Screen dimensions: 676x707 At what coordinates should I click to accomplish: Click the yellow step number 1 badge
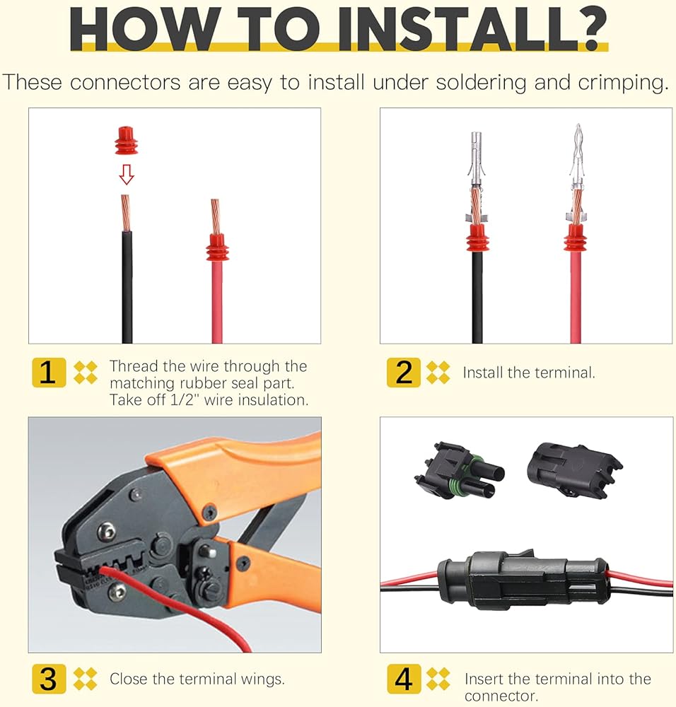click(49, 373)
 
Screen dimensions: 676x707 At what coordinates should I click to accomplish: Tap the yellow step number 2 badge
click(404, 373)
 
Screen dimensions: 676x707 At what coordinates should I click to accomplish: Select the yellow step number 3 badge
click(49, 679)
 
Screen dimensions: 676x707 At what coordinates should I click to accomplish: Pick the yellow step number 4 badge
click(404, 679)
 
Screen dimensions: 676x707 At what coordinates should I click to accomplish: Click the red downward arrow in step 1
click(127, 174)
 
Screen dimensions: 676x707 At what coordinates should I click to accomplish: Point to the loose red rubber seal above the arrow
click(127, 141)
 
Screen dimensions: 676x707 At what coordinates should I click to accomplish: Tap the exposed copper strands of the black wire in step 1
click(126, 213)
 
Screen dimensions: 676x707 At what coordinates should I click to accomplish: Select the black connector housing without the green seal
click(573, 470)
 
